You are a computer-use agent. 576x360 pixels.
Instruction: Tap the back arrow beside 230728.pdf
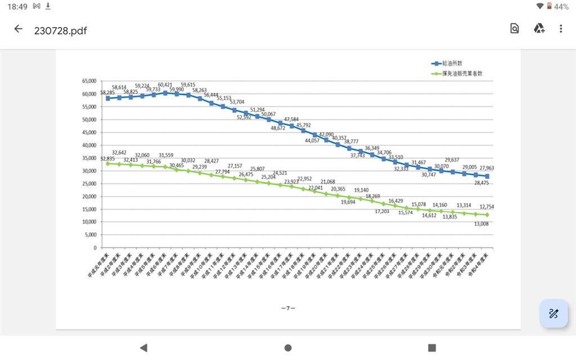click(x=19, y=29)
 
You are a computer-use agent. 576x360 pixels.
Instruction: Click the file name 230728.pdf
click(x=61, y=30)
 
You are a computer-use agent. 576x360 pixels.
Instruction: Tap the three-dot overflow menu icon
click(x=561, y=29)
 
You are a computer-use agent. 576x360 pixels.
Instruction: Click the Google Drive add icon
click(x=538, y=29)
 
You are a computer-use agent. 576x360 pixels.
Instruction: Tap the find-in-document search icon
click(x=514, y=29)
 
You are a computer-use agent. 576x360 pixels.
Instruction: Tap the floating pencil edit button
click(x=553, y=313)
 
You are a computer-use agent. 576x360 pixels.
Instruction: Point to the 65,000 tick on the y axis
click(x=89, y=81)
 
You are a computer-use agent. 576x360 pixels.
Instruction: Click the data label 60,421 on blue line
click(x=165, y=85)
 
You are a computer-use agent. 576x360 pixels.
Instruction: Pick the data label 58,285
click(x=107, y=92)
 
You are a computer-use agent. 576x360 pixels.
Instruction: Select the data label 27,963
click(x=487, y=168)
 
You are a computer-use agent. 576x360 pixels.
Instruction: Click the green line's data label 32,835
click(x=107, y=159)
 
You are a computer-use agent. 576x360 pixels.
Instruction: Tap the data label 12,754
click(x=487, y=207)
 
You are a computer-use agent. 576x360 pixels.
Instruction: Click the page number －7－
click(x=288, y=308)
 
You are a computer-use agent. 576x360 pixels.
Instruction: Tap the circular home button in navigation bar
click(x=288, y=348)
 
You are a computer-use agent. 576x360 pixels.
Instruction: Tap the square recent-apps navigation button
click(x=432, y=348)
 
